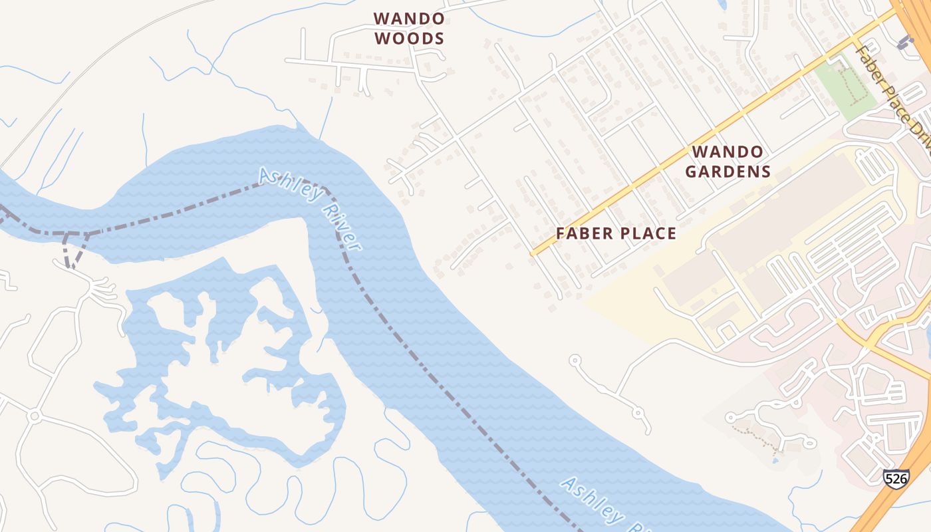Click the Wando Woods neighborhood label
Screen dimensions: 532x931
(x=408, y=29)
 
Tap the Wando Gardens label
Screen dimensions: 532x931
(x=728, y=162)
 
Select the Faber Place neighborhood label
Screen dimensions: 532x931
(x=616, y=233)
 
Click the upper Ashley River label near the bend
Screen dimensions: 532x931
(x=310, y=208)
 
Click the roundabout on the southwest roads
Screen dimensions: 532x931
(x=35, y=416)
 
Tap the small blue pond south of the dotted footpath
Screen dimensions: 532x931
(x=775, y=460)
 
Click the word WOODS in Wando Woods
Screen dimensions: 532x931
(x=408, y=39)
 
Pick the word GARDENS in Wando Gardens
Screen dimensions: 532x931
(x=728, y=172)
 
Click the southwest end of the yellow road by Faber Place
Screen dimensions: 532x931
(x=533, y=253)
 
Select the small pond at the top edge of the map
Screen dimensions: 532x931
(x=724, y=4)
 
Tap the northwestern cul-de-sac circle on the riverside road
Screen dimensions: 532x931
(x=575, y=360)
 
